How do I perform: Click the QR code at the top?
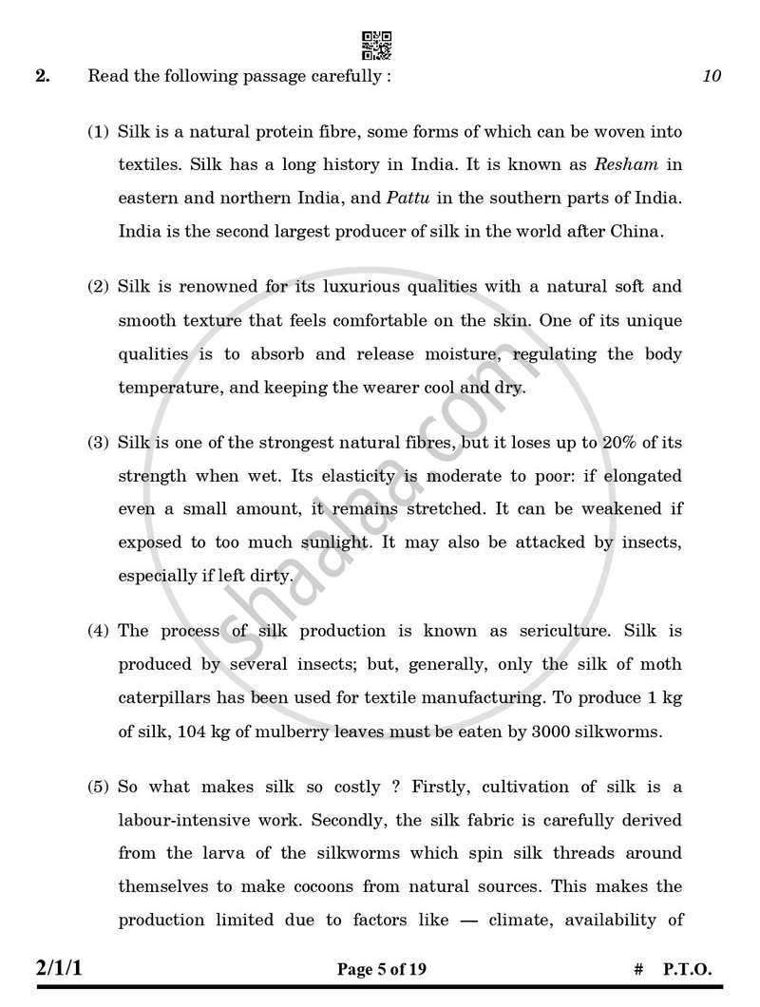click(x=376, y=45)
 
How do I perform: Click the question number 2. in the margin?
click(x=43, y=76)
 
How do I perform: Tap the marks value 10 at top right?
click(x=712, y=77)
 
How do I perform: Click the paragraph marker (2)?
click(x=99, y=286)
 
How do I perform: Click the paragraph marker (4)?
click(x=99, y=631)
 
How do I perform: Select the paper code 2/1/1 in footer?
click(x=65, y=969)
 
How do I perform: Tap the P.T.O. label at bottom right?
click(x=687, y=970)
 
